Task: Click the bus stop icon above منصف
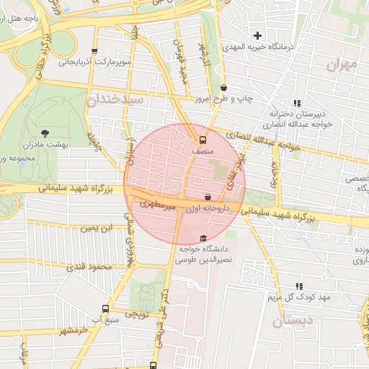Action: [x=203, y=141]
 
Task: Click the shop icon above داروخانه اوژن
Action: [x=208, y=197]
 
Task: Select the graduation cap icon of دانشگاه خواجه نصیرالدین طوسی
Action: [x=203, y=239]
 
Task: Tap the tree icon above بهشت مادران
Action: [x=45, y=133]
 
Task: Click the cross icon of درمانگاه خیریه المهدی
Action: [x=258, y=35]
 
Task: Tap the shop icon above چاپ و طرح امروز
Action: [x=223, y=88]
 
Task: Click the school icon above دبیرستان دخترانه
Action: [x=298, y=103]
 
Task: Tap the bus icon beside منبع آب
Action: [x=106, y=310]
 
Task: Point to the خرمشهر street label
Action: [x=73, y=329]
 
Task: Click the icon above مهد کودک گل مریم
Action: [x=300, y=286]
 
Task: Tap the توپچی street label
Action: [x=136, y=315]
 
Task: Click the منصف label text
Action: [x=203, y=152]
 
